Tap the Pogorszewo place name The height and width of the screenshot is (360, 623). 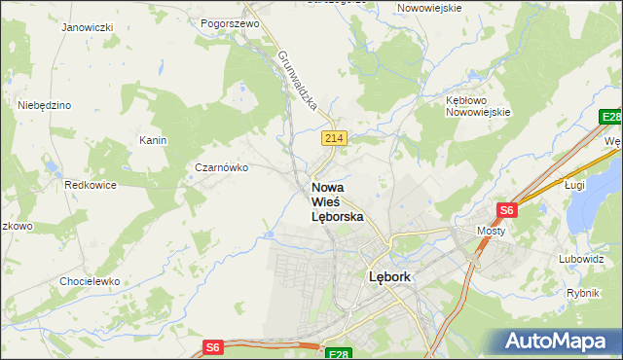point(229,22)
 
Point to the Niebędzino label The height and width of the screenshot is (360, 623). point(44,104)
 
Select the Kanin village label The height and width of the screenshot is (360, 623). point(153,140)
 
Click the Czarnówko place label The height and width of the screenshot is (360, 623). point(222,167)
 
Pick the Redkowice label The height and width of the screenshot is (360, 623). point(91,184)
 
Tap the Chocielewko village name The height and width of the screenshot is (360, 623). point(89,280)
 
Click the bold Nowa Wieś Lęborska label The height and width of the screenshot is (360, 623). point(337,201)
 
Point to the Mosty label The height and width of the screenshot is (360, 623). point(491,231)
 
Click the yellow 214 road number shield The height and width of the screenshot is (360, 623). point(334,139)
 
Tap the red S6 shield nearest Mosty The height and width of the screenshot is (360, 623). point(506,209)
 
